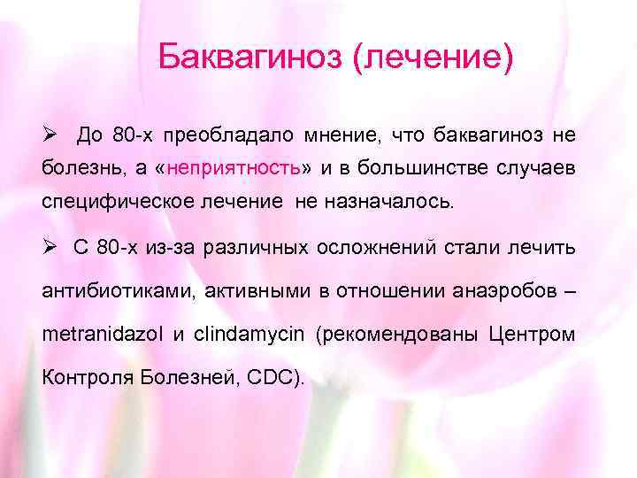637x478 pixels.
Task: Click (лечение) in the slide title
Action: [x=433, y=58]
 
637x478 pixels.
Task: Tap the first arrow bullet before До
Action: [x=50, y=135]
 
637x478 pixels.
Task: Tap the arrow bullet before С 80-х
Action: [x=50, y=247]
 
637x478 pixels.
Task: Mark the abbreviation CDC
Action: [x=276, y=378]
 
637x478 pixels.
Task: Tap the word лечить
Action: [x=544, y=247]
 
